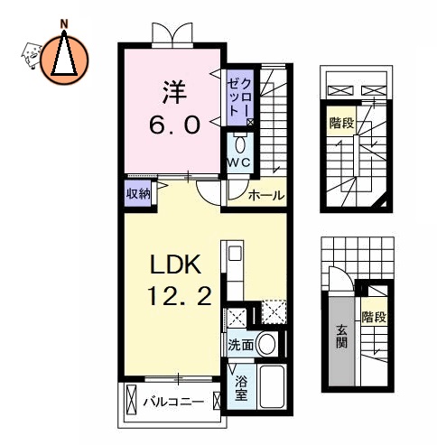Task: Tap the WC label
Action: (238, 162)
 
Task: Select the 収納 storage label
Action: (138, 191)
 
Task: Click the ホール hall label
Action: (267, 195)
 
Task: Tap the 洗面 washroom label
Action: (240, 344)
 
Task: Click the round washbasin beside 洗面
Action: (266, 343)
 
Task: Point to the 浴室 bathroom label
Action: (241, 386)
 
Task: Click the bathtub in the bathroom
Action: (271, 387)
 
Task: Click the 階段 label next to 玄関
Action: (373, 316)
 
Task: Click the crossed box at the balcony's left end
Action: (132, 397)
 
